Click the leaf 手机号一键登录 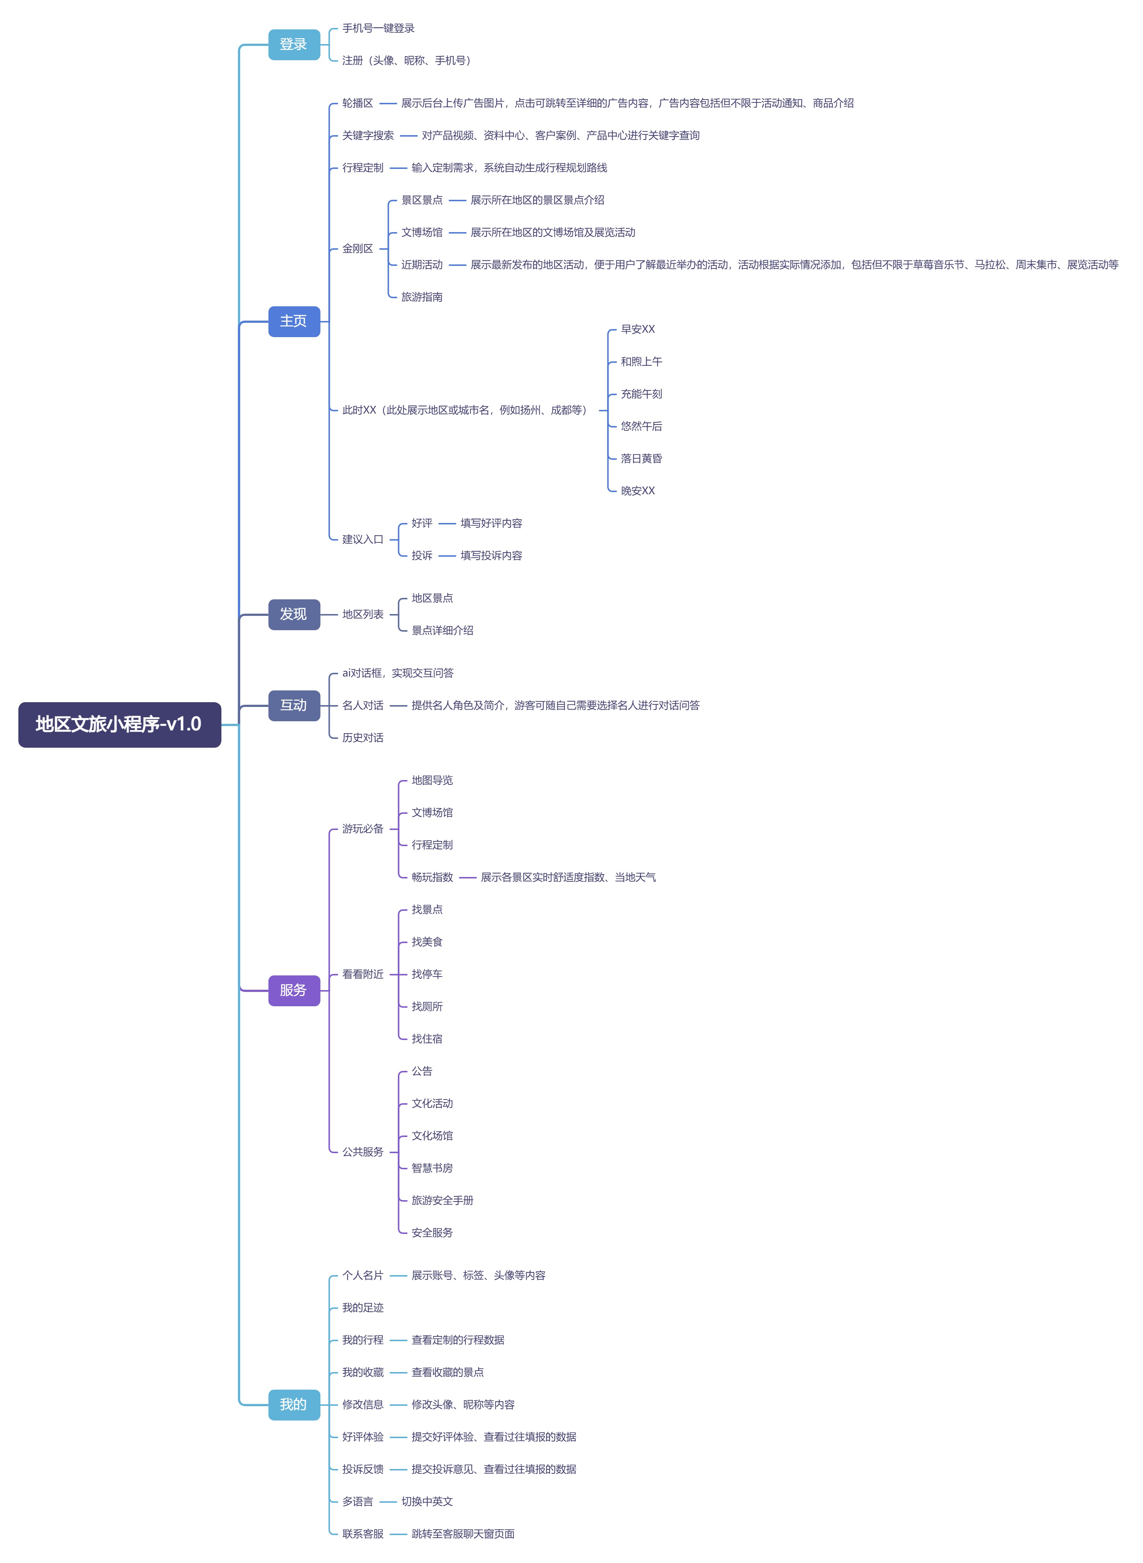(378, 28)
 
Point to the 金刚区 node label (358, 248)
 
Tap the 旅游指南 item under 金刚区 (422, 297)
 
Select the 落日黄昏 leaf (641, 459)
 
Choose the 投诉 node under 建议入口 (422, 556)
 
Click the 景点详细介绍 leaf (443, 630)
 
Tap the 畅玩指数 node (432, 877)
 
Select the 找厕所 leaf (427, 1007)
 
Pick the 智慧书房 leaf (432, 1168)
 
